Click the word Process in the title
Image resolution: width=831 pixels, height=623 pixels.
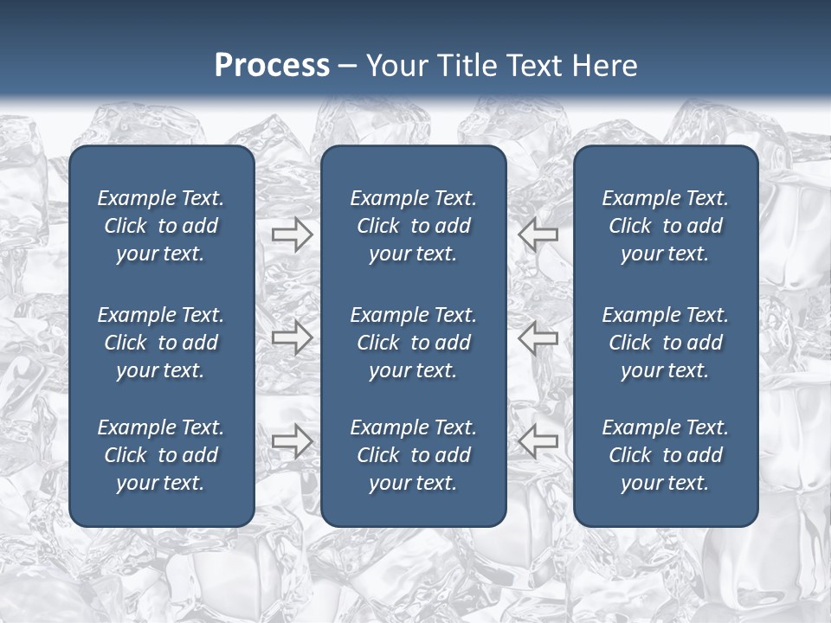[x=272, y=66]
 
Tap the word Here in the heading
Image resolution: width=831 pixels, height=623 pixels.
[x=605, y=66]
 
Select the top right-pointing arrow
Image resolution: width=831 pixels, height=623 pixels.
[x=292, y=234]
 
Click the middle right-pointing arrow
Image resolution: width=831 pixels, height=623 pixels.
[x=292, y=337]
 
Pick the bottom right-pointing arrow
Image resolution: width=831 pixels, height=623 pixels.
[x=292, y=441]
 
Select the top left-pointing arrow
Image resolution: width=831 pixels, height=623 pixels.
[x=538, y=234]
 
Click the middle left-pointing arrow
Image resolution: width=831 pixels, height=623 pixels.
[x=538, y=337]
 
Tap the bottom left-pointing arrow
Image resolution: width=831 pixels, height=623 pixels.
[x=538, y=441]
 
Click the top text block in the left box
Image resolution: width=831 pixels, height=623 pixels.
[x=161, y=226]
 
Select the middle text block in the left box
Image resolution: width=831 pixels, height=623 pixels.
[x=161, y=343]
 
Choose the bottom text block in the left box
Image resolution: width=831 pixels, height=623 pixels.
[x=161, y=455]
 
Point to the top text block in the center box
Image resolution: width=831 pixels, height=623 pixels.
[x=413, y=226]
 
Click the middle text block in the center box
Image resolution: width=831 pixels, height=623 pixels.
[x=413, y=343]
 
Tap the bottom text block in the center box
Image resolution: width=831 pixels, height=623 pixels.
[x=413, y=455]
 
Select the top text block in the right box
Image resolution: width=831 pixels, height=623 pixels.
[x=665, y=226]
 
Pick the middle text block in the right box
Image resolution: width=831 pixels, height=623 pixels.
[x=665, y=343]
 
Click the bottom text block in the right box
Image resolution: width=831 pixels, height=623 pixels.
[x=665, y=455]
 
